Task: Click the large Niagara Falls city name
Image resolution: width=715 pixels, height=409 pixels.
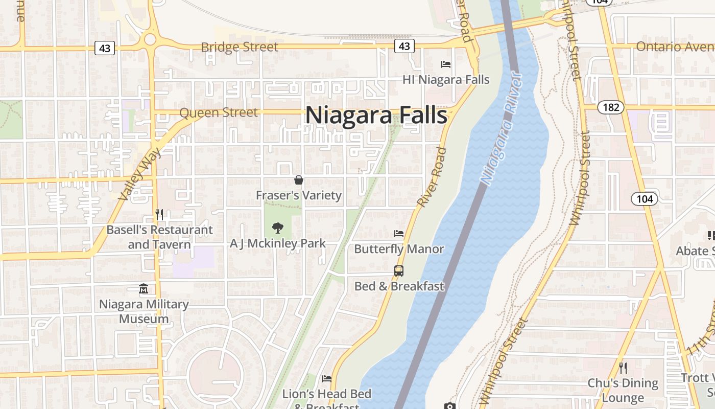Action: (376, 115)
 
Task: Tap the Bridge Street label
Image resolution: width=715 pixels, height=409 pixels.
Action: (240, 47)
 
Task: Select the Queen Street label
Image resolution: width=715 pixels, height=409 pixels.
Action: (219, 112)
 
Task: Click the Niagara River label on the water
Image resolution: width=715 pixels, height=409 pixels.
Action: (502, 128)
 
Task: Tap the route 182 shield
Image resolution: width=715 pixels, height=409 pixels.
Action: (610, 107)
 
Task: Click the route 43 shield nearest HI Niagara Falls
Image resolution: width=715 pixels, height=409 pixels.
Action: (404, 47)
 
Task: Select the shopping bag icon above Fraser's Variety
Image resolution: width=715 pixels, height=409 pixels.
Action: (299, 180)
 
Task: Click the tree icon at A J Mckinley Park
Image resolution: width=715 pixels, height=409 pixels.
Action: (278, 228)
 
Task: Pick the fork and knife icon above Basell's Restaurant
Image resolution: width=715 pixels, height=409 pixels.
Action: (159, 214)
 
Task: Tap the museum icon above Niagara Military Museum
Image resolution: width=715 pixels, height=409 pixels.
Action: (144, 289)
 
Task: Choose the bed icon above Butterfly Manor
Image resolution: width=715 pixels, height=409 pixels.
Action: (399, 234)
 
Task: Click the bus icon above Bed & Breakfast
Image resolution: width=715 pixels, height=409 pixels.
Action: (399, 271)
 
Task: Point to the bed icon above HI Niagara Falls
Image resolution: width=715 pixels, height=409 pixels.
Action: (446, 64)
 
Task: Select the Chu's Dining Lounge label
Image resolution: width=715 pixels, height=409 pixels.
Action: (623, 390)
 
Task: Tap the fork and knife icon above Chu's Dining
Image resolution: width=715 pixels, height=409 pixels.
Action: (623, 368)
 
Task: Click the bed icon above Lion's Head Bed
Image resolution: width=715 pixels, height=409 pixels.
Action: (327, 379)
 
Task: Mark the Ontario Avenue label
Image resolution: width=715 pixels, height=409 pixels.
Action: (675, 47)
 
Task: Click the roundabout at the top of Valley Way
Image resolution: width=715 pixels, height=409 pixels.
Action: (150, 39)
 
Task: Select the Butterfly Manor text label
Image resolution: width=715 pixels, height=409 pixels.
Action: (399, 249)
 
